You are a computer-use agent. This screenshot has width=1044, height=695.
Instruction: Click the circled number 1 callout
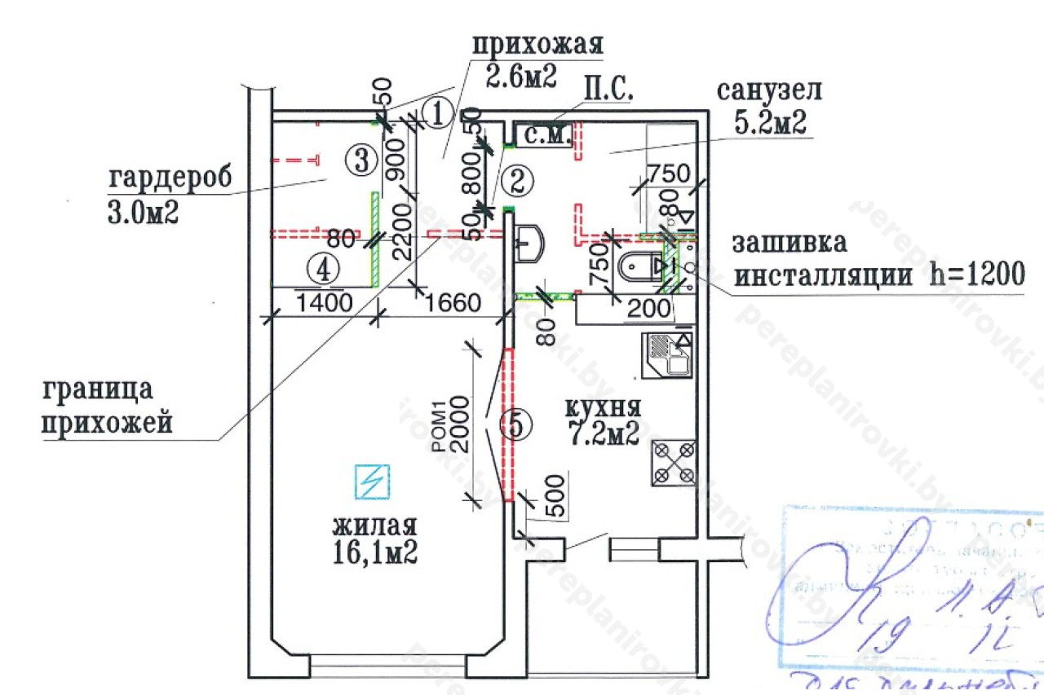point(438,113)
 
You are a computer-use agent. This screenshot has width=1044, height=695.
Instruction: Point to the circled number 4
point(325,267)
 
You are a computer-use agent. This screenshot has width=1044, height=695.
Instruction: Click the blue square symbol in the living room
point(372,481)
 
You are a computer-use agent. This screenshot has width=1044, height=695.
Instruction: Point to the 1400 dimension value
point(325,305)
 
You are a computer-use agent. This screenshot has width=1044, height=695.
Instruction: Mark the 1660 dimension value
point(451,305)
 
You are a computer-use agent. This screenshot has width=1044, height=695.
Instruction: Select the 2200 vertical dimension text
point(400,232)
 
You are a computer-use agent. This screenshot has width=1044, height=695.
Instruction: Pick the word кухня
point(604,407)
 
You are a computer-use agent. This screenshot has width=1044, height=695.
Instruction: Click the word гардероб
point(170,177)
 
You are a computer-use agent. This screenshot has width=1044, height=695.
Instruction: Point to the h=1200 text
point(976,275)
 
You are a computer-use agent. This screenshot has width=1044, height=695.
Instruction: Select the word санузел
point(769,90)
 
